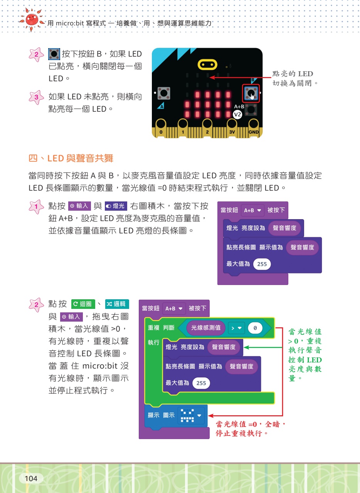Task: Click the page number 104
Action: pyautogui.click(x=31, y=478)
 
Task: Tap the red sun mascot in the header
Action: pyautogui.click(x=32, y=20)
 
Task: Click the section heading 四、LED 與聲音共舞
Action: pyautogui.click(x=71, y=158)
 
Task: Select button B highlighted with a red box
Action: pyautogui.click(x=251, y=93)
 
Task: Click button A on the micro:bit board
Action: pyautogui.click(x=164, y=93)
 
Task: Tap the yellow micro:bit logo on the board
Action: pyautogui.click(x=207, y=65)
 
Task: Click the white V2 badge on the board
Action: pyautogui.click(x=237, y=114)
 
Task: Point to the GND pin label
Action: pyautogui.click(x=253, y=132)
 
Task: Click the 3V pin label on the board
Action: pyautogui.click(x=232, y=132)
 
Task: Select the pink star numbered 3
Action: pyautogui.click(x=36, y=97)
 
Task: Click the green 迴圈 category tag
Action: pyautogui.click(x=83, y=304)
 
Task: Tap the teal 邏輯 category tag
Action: pyautogui.click(x=117, y=304)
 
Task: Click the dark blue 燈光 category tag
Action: pyautogui.click(x=116, y=206)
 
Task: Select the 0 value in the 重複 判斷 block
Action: pyautogui.click(x=255, y=328)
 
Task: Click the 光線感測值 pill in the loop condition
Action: pyautogui.click(x=206, y=328)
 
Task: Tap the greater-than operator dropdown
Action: pyautogui.click(x=236, y=328)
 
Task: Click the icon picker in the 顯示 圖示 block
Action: pyautogui.click(x=191, y=416)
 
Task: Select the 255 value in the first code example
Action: pyautogui.click(x=262, y=264)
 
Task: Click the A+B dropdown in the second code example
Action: pyautogui.click(x=174, y=309)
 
